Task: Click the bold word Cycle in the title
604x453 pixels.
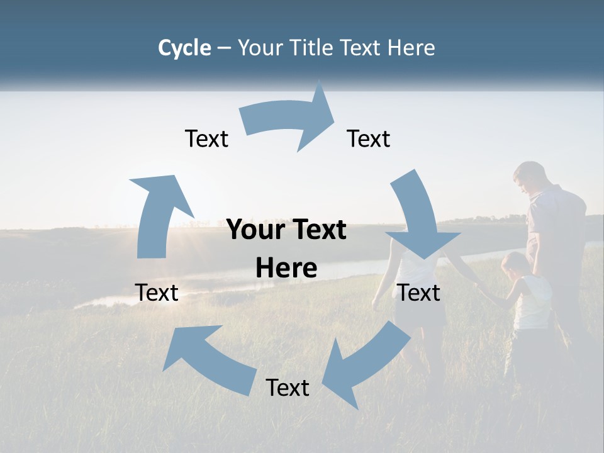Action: (184, 48)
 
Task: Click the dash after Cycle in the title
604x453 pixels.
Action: (224, 48)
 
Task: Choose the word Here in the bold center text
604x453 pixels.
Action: (286, 269)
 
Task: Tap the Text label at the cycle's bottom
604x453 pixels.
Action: (288, 388)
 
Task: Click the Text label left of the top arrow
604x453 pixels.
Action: (206, 138)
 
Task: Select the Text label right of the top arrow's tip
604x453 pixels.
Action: (369, 138)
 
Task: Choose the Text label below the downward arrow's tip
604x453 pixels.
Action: (419, 293)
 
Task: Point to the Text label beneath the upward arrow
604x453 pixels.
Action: (157, 293)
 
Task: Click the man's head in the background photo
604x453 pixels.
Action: (529, 177)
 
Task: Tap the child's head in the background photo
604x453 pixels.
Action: (515, 264)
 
